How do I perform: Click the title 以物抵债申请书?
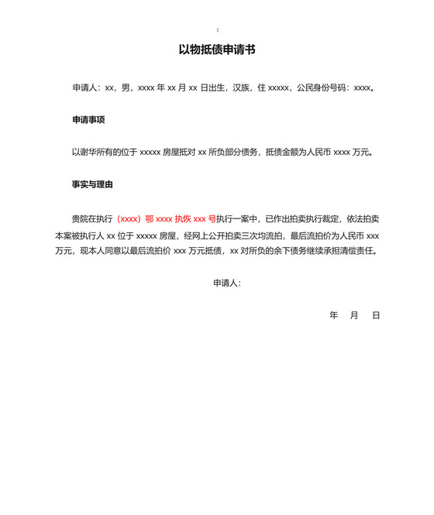(217, 50)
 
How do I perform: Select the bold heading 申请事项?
(88, 120)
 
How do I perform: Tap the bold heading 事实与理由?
(93, 185)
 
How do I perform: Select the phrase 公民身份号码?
(322, 88)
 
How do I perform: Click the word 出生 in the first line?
(220, 88)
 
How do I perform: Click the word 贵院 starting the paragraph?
(80, 218)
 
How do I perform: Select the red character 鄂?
(150, 218)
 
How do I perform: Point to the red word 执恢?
(183, 218)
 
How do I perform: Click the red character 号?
(212, 218)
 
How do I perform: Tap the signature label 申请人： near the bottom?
(227, 283)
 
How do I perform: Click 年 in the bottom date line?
(334, 315)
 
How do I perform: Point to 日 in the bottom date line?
(376, 315)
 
